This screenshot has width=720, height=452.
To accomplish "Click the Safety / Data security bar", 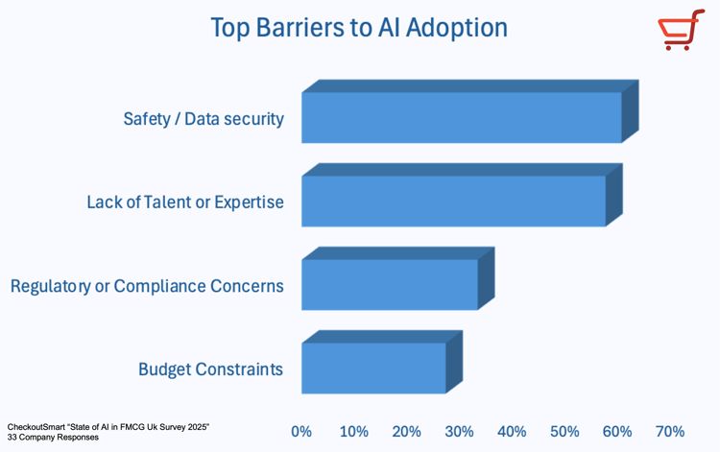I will click(462, 118).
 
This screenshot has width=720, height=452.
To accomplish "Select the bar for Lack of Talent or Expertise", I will click(453, 202).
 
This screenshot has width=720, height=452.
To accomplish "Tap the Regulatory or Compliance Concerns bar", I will click(390, 285).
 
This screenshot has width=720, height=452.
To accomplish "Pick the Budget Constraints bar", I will click(373, 369).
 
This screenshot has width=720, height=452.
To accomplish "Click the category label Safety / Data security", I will click(204, 119).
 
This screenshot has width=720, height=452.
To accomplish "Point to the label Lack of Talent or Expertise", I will click(185, 202).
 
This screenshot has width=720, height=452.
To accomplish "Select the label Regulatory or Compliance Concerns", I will click(147, 286).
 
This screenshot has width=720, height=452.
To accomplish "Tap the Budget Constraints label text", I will click(210, 369).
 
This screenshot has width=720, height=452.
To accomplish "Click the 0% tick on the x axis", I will click(301, 432).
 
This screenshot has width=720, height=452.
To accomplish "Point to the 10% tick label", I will click(353, 432).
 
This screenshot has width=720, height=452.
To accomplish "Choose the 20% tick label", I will click(406, 432).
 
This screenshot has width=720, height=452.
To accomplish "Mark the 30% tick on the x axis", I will click(459, 432).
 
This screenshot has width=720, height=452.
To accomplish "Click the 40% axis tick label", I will click(512, 432).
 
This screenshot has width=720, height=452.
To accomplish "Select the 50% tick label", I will click(564, 432).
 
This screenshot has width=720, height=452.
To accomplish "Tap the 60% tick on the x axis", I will click(616, 432).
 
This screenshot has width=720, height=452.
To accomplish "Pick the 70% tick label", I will click(669, 432).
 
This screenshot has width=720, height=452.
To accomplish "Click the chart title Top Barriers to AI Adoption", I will click(359, 28).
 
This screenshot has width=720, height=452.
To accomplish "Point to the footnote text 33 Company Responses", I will click(52, 438).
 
